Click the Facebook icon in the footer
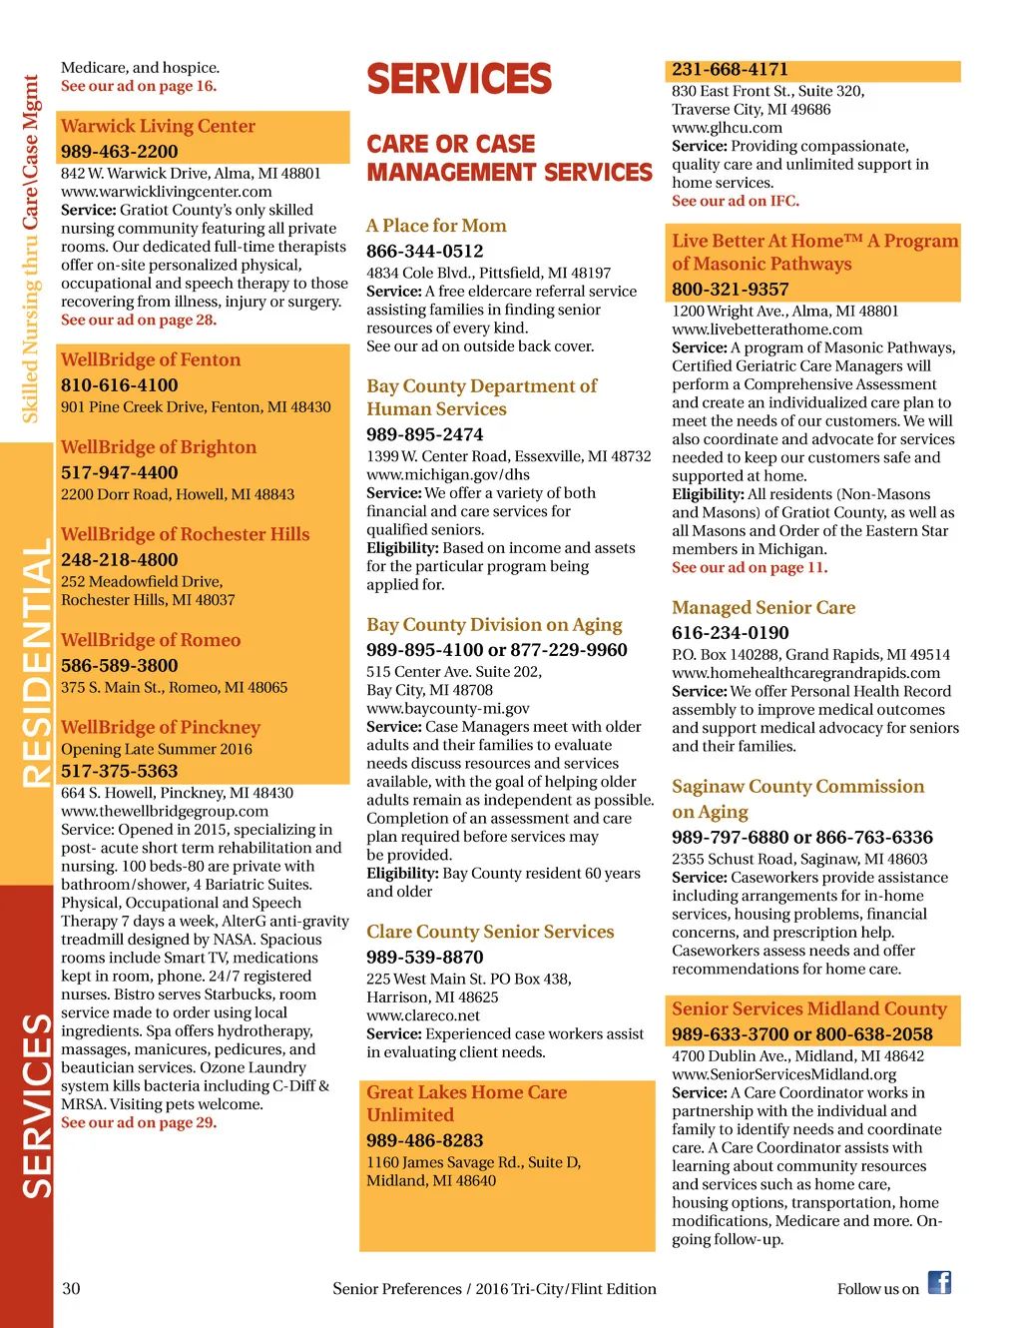(939, 1283)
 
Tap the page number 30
(71, 1288)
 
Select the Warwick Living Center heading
(158, 126)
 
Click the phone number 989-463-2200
(119, 151)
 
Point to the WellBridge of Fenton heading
(151, 359)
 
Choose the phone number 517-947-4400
(119, 472)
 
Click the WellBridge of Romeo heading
(151, 640)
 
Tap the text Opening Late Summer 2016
(157, 749)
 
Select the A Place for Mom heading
(436, 226)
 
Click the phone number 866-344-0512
(424, 251)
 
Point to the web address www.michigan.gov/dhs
(447, 474)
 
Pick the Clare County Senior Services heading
(490, 932)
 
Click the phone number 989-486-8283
(424, 1140)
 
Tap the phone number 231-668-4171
(730, 70)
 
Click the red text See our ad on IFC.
(735, 201)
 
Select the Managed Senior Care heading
(764, 607)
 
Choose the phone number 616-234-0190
(730, 632)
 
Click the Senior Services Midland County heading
(808, 1008)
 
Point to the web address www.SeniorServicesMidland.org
(783, 1074)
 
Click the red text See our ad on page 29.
(139, 1122)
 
